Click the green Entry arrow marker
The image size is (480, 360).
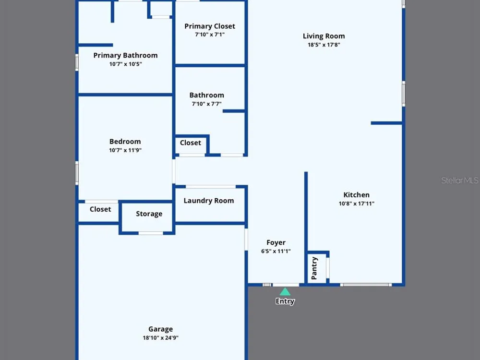click(x=285, y=291)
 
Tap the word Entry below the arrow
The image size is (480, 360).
click(x=285, y=301)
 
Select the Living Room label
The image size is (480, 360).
click(x=324, y=36)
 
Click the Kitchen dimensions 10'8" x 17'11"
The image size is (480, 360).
click(x=357, y=204)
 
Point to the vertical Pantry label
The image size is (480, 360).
click(x=314, y=268)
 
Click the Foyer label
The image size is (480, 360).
click(x=276, y=243)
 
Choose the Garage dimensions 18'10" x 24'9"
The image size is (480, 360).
click(x=161, y=338)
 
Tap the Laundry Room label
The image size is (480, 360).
click(x=209, y=201)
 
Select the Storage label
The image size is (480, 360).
click(x=149, y=214)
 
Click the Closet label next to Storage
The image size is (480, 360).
click(x=100, y=209)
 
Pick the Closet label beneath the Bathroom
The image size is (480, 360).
click(x=191, y=143)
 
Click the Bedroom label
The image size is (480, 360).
click(x=125, y=142)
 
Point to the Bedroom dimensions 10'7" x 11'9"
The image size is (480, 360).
click(x=125, y=150)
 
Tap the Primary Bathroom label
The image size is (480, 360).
click(x=125, y=55)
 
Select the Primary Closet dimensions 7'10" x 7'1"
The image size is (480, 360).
click(x=210, y=35)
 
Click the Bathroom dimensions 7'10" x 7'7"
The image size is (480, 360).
click(x=206, y=104)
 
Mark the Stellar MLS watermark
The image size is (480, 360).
click(x=459, y=180)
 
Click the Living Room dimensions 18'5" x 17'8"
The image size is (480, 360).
click(x=324, y=45)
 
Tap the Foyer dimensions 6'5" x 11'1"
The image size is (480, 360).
click(x=276, y=252)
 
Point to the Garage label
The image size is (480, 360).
click(x=161, y=329)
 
